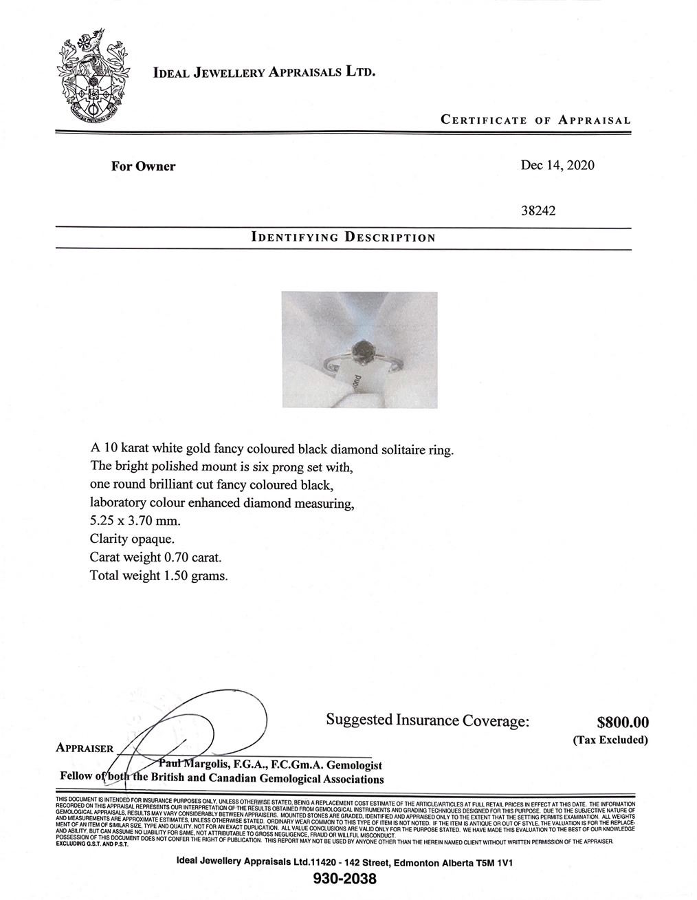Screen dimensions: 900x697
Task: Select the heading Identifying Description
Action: (x=344, y=238)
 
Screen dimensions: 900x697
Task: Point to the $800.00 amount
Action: (x=623, y=722)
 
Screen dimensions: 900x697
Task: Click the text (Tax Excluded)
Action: (x=610, y=740)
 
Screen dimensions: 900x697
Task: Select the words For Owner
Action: (x=143, y=166)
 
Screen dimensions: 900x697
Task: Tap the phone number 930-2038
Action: (x=344, y=879)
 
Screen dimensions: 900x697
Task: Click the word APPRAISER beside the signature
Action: (x=84, y=749)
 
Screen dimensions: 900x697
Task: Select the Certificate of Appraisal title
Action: (x=535, y=120)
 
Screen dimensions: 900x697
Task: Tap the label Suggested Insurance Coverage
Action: (x=428, y=720)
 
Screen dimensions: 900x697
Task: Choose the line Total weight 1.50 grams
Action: (x=158, y=575)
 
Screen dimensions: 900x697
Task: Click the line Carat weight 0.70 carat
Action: (x=156, y=557)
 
